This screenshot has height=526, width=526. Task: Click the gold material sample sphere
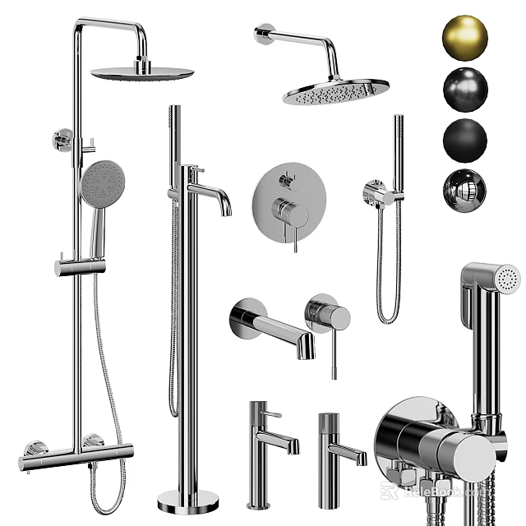coord(465,38)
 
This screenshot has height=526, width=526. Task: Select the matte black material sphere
coord(465,141)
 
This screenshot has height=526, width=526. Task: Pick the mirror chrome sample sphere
coord(465,190)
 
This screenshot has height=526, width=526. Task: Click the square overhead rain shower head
coord(142,73)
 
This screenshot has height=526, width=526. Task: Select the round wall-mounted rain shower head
coord(336,91)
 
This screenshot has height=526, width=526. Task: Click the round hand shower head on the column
coord(103,183)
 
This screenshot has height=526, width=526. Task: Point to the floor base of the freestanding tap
coord(188,500)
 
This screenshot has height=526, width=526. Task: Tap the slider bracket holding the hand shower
coord(81,267)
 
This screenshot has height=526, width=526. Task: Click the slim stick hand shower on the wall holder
coord(399,152)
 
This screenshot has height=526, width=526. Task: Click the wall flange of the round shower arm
coord(263,34)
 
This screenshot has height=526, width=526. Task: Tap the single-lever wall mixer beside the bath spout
coord(328,316)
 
